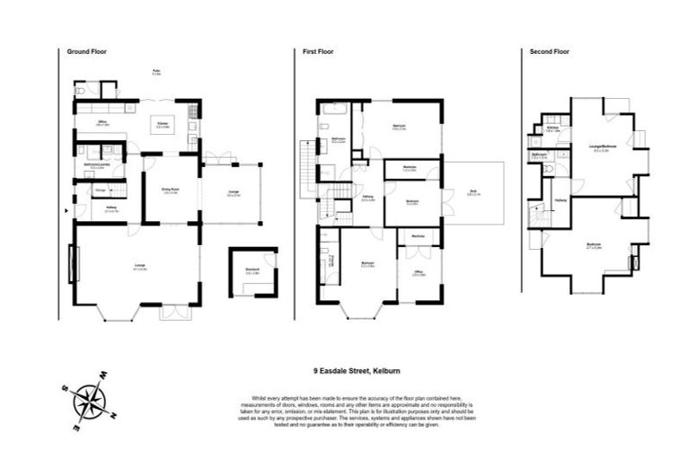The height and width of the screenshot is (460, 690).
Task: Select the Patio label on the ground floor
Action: pos(155,70)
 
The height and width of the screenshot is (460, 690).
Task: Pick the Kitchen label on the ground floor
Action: pos(164,124)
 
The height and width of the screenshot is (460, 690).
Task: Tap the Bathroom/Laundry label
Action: pos(90,165)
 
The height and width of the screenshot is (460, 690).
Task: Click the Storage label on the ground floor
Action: pos(102,190)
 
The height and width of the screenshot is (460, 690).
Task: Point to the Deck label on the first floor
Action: pos(473,190)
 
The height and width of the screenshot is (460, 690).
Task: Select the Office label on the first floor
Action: pos(419,272)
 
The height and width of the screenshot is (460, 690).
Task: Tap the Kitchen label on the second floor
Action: pos(552,128)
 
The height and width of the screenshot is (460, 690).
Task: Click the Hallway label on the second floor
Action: pos(561,199)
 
